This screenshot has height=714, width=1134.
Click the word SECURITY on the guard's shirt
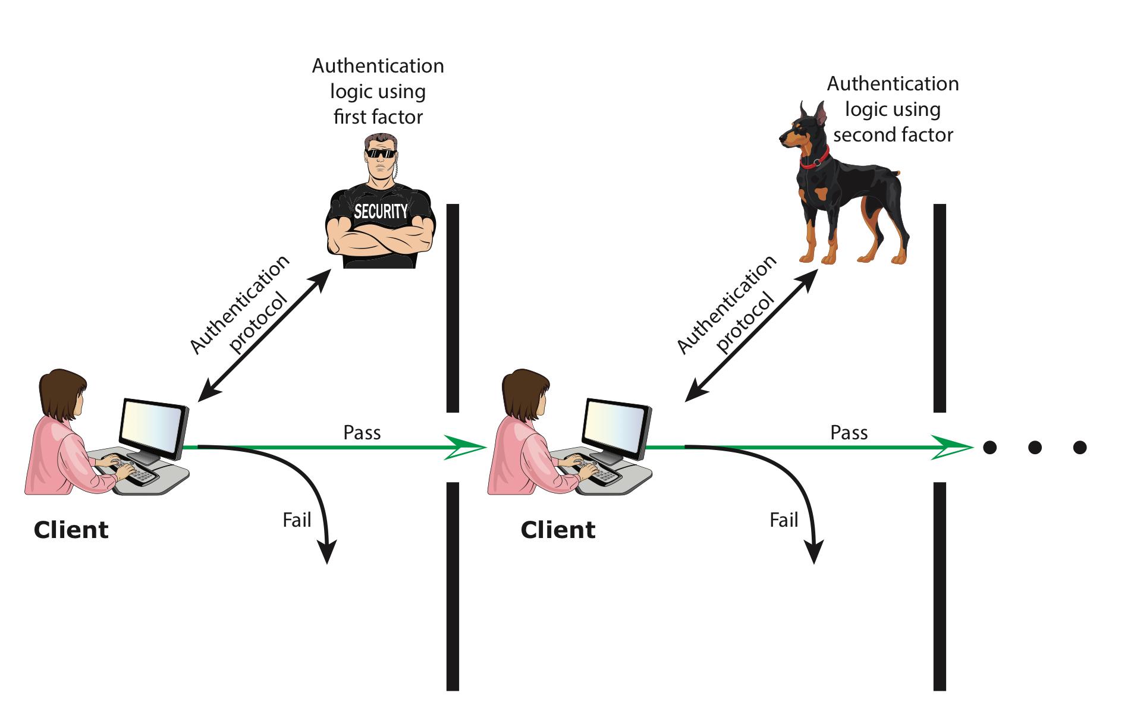click(x=381, y=212)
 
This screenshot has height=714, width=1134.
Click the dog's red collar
click(x=815, y=159)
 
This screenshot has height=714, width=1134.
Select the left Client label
click(x=71, y=530)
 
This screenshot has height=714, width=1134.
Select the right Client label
click(x=558, y=530)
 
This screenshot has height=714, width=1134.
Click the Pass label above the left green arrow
click(x=362, y=432)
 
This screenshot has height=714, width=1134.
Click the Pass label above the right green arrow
click(x=849, y=432)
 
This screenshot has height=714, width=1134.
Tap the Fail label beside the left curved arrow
click(x=297, y=520)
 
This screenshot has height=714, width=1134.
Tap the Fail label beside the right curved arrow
click(x=784, y=520)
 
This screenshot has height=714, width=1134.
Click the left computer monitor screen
click(x=152, y=429)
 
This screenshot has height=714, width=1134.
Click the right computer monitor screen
click(x=615, y=429)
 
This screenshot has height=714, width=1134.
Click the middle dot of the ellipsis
click(x=1035, y=447)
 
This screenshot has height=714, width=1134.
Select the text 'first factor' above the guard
click(x=378, y=117)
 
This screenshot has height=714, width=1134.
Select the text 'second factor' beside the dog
click(x=893, y=135)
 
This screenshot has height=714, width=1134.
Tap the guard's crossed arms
click(x=381, y=241)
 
